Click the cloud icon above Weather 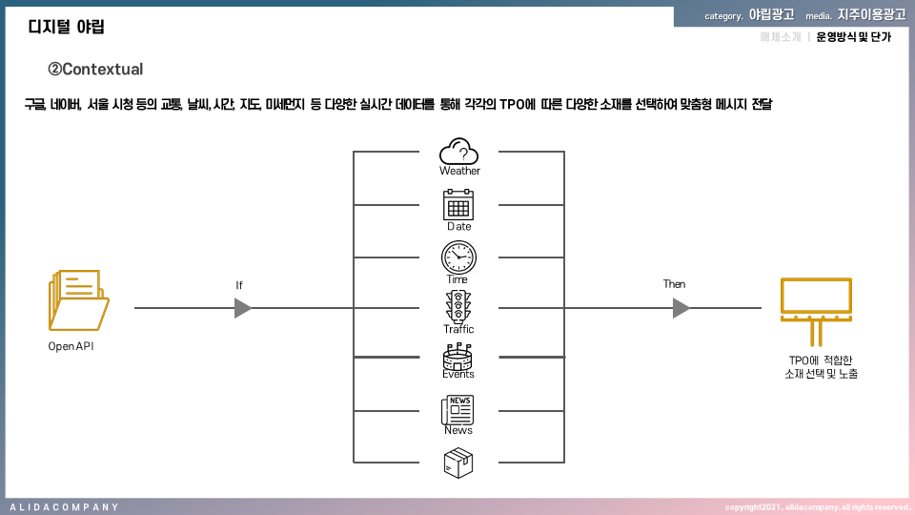pyautogui.click(x=458, y=151)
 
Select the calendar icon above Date pyautogui.click(x=458, y=205)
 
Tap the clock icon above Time pyautogui.click(x=458, y=257)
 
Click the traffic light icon pyautogui.click(x=458, y=307)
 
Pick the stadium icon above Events pyautogui.click(x=458, y=358)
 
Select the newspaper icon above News pyautogui.click(x=458, y=410)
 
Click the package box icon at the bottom pyautogui.click(x=458, y=463)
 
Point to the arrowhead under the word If pyautogui.click(x=242, y=308)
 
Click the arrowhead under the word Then pyautogui.click(x=680, y=308)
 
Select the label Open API pyautogui.click(x=71, y=346)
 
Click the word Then pyautogui.click(x=674, y=284)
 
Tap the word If pyautogui.click(x=239, y=285)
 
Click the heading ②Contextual pyautogui.click(x=95, y=70)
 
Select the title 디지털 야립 pyautogui.click(x=66, y=27)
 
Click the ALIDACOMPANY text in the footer pyautogui.click(x=64, y=507)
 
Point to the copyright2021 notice pyautogui.click(x=817, y=507)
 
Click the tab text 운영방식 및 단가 pyautogui.click(x=854, y=37)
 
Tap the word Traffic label pyautogui.click(x=458, y=329)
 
